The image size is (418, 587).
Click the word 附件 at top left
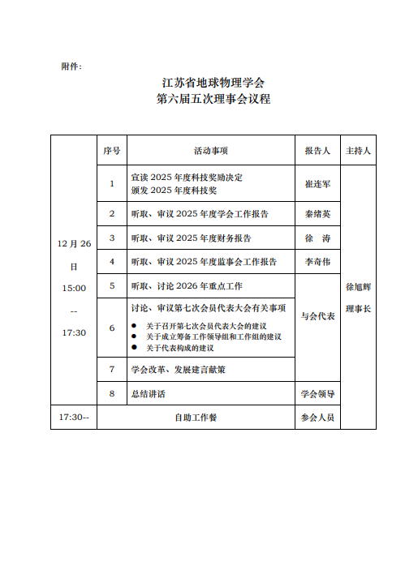point(71,66)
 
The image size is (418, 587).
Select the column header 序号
point(112,151)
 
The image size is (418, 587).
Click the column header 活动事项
point(210,151)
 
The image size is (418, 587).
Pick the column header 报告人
point(317,151)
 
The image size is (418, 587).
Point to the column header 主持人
point(358,151)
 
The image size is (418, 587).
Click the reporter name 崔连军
point(317,184)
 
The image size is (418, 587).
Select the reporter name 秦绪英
point(317,214)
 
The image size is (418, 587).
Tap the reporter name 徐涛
point(317,238)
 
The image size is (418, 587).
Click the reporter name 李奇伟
point(317,262)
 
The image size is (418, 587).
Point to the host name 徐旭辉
point(358,287)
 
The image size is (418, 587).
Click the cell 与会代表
point(317,316)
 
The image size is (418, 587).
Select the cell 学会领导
point(317,393)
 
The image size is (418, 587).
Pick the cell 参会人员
point(317,418)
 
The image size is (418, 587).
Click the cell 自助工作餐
point(196,418)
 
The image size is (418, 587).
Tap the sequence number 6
point(112,328)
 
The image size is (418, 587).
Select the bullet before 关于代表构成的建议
point(134,348)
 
